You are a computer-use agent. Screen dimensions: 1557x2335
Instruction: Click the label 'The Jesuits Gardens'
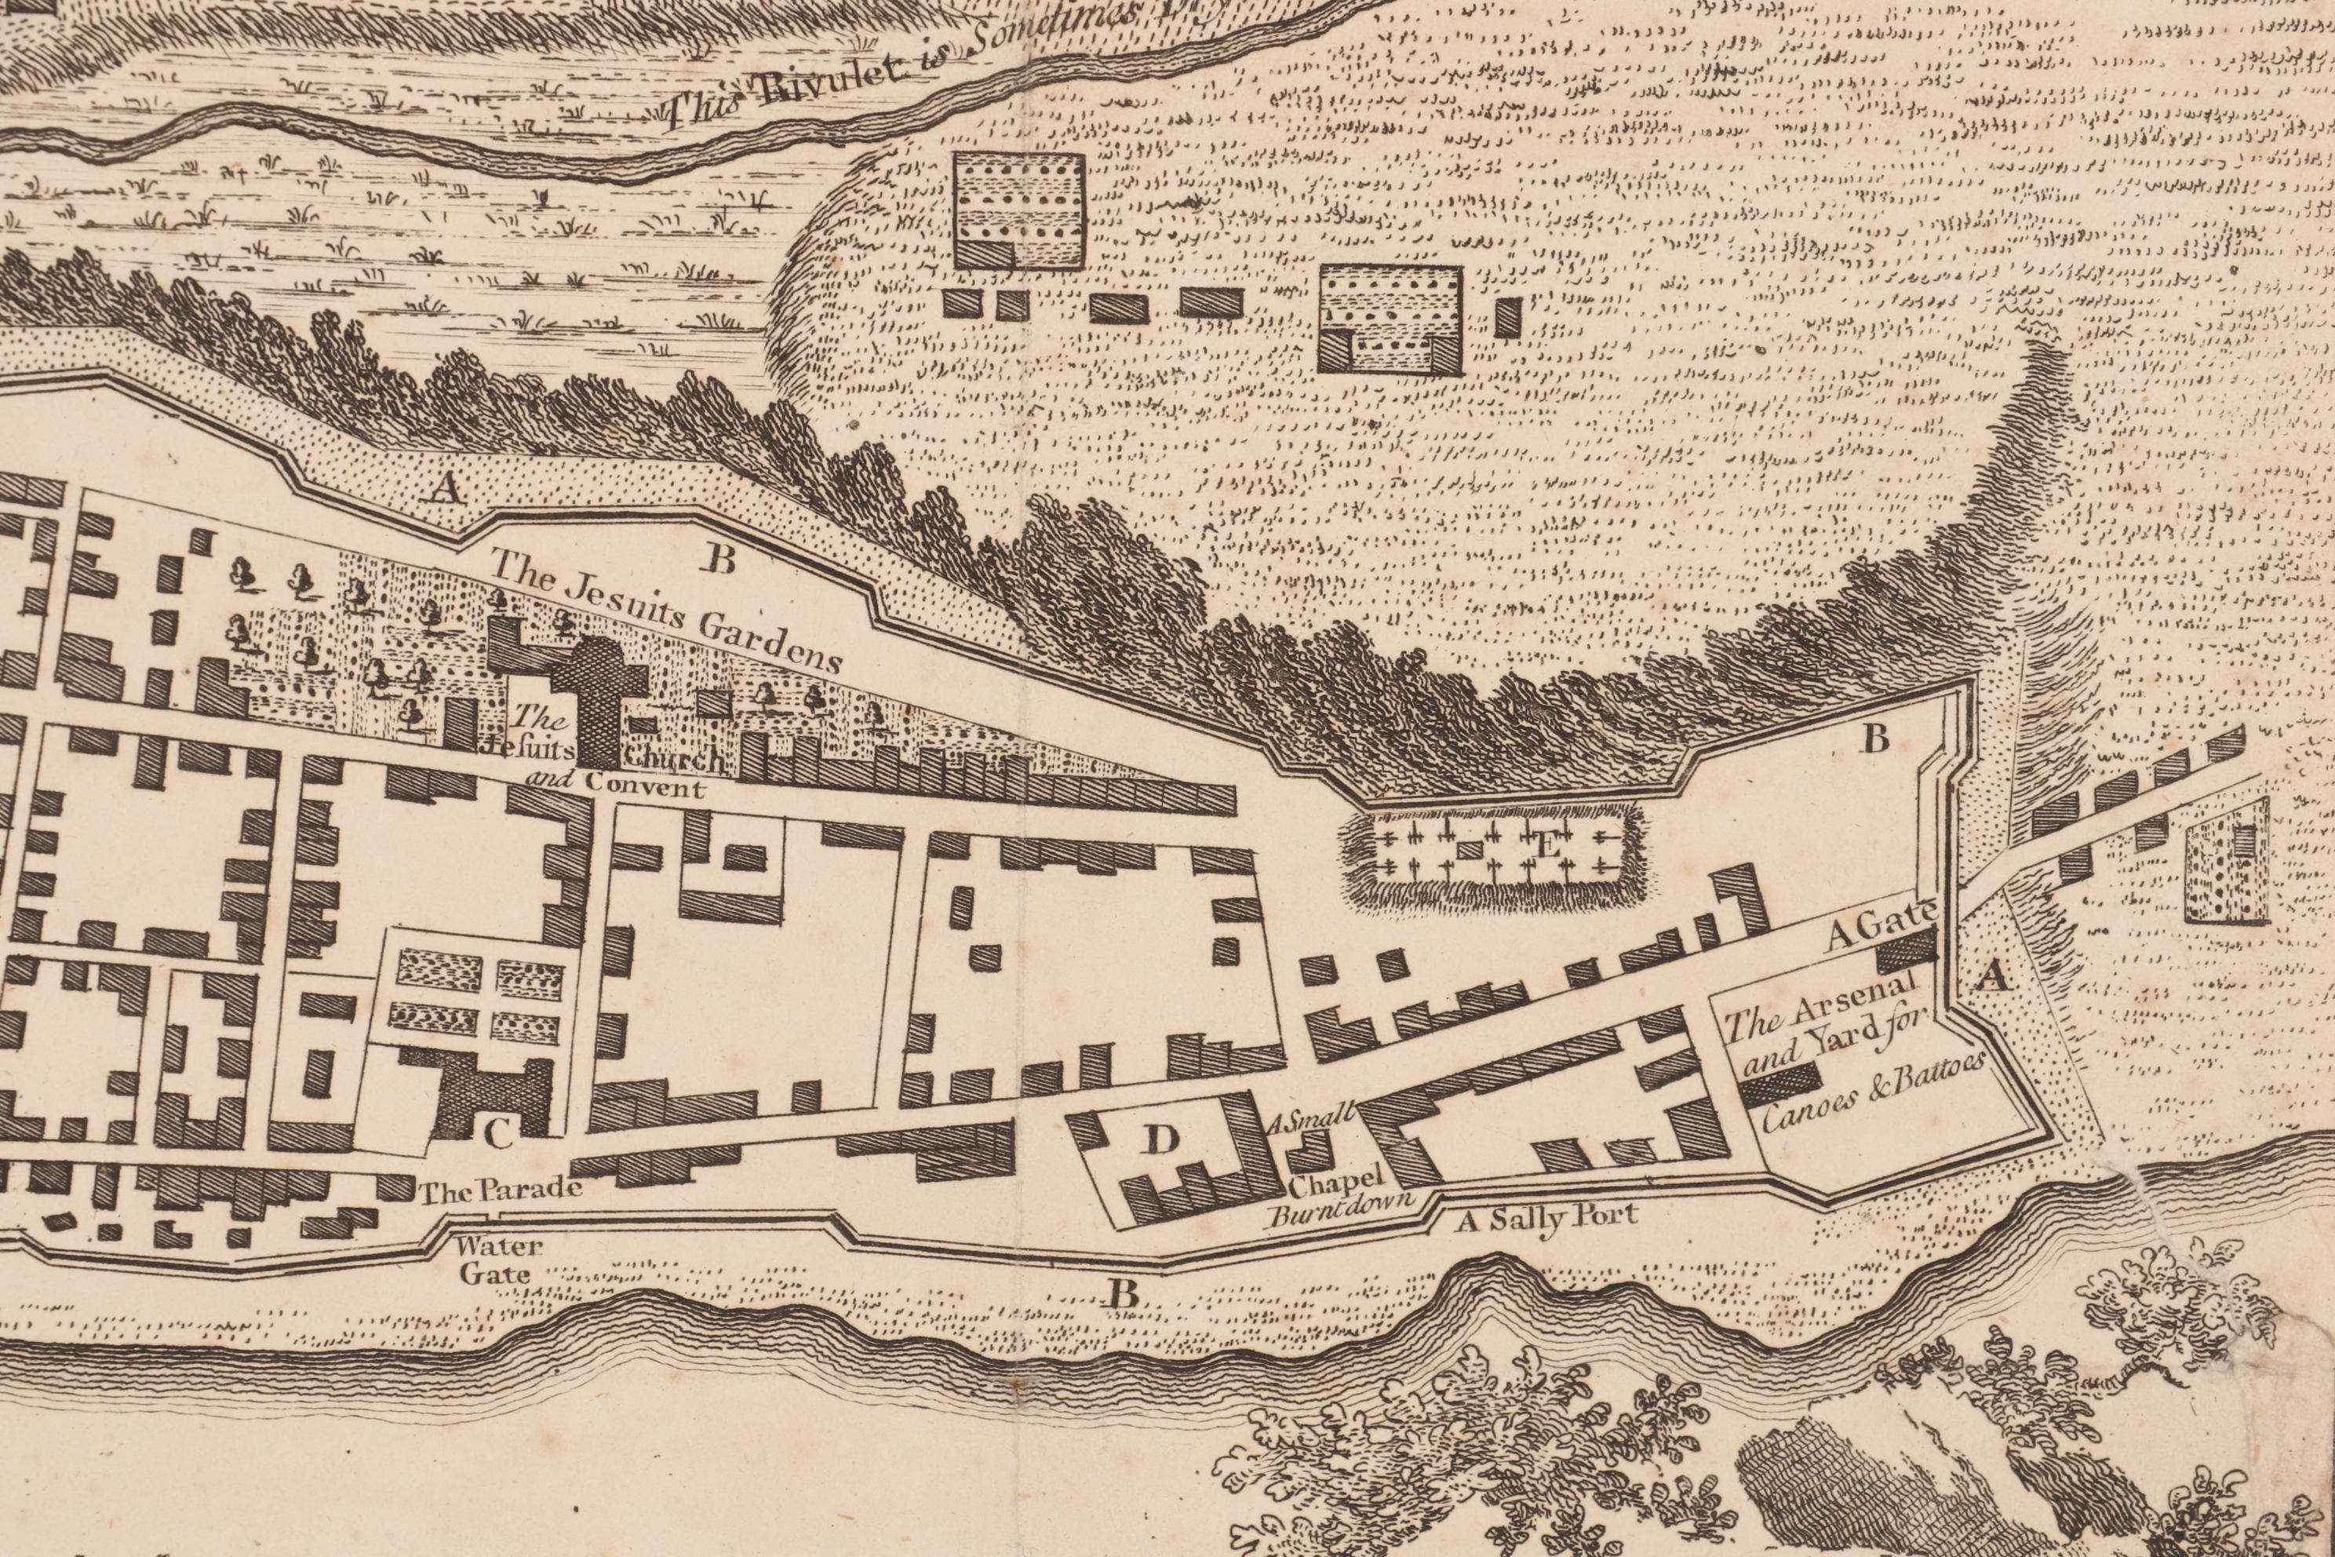tap(665, 613)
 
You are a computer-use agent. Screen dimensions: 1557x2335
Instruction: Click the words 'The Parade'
tap(501, 1191)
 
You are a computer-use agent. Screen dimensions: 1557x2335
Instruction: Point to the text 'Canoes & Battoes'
tap(1874, 1090)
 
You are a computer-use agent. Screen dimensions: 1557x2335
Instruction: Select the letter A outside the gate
tap(1987, 978)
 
